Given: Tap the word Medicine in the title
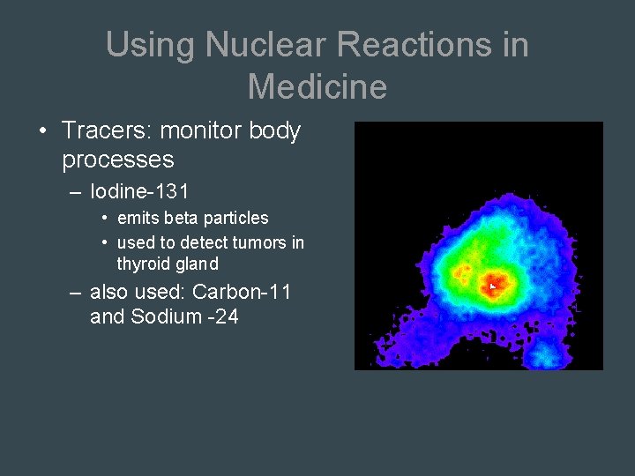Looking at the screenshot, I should pyautogui.click(x=317, y=86).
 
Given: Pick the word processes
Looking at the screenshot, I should pyautogui.click(x=118, y=160).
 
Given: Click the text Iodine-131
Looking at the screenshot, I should pyautogui.click(x=139, y=190).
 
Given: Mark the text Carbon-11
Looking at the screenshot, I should pyautogui.click(x=241, y=292).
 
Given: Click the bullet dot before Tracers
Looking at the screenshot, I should pyautogui.click(x=43, y=132).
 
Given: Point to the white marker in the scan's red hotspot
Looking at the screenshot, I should pyautogui.click(x=492, y=286).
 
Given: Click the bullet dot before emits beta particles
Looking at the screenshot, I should pyautogui.click(x=104, y=218).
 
